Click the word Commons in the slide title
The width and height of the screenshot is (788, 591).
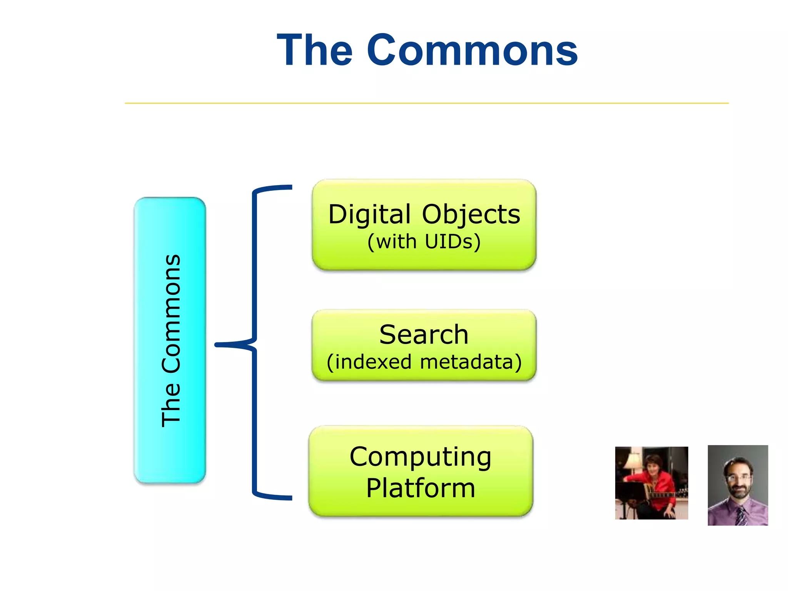click(x=472, y=50)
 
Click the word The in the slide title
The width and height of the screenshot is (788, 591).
click(x=314, y=50)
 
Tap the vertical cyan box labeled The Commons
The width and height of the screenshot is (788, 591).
click(x=170, y=340)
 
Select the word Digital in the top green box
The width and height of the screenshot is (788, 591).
click(x=370, y=214)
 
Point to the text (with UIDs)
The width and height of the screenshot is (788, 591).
click(x=424, y=242)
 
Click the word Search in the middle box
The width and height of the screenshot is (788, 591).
click(x=424, y=334)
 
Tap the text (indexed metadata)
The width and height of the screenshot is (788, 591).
click(x=424, y=362)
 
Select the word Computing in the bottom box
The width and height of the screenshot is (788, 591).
click(x=421, y=457)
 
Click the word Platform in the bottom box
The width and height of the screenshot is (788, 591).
click(x=421, y=488)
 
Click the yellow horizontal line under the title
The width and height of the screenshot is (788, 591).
click(x=426, y=103)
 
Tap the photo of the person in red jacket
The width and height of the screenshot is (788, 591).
click(x=651, y=483)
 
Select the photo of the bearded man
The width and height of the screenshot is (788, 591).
click(x=738, y=485)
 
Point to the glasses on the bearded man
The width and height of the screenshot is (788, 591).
click(x=738, y=477)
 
